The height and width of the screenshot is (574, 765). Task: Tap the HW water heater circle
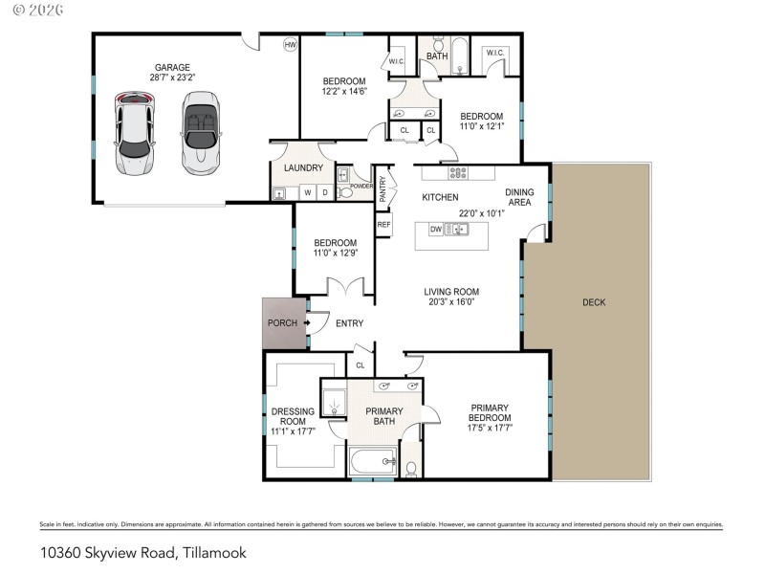[291, 44]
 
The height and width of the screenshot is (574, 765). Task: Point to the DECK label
[594, 302]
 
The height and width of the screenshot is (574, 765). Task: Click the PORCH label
[281, 323]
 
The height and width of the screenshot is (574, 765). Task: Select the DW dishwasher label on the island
[435, 229]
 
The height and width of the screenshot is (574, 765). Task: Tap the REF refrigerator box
[383, 225]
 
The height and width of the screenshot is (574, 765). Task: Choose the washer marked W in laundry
[308, 192]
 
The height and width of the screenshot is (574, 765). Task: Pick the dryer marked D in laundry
[324, 192]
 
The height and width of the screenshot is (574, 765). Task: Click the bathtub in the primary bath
[374, 461]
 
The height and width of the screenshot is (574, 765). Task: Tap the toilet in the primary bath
[410, 468]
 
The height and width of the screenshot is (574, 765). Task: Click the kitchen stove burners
[458, 173]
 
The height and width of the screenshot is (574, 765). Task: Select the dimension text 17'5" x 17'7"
[490, 429]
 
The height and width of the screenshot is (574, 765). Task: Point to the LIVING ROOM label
[452, 292]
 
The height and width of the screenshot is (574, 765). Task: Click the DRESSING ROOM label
[293, 417]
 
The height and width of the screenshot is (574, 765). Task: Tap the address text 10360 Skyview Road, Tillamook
[130, 552]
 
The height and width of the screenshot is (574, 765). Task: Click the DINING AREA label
[519, 198]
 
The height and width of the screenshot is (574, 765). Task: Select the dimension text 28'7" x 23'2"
[172, 78]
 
